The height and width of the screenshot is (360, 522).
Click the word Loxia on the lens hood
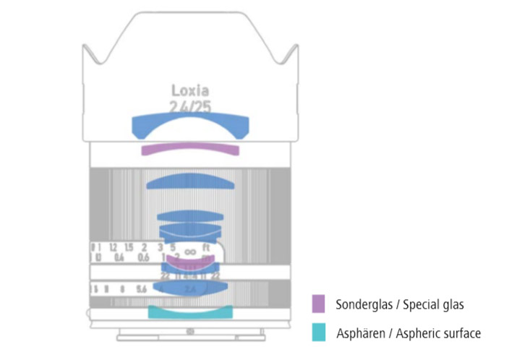pyautogui.click(x=190, y=90)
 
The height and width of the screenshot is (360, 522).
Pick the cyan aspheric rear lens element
pyautogui.click(x=190, y=313)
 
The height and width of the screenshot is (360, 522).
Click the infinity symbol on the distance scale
pyautogui.click(x=190, y=251)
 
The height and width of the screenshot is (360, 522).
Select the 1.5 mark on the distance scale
pyautogui.click(x=129, y=247)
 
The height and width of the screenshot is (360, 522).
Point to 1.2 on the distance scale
pyautogui.click(x=113, y=247)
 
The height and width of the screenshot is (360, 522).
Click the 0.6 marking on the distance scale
pyautogui.click(x=143, y=258)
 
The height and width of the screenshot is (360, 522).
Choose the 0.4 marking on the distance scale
pyautogui.click(x=119, y=258)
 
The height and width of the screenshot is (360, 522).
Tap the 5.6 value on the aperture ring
pyautogui.click(x=141, y=289)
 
